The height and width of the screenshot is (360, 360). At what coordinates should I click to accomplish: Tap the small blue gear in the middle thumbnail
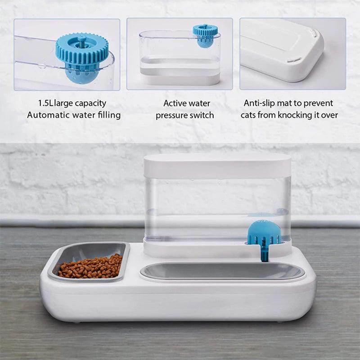coord(205,31)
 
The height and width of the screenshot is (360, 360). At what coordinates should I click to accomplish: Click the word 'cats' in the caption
coord(249,115)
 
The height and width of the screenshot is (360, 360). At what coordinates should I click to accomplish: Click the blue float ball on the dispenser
coord(264,232)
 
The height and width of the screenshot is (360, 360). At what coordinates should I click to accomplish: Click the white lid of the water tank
coord(217,165)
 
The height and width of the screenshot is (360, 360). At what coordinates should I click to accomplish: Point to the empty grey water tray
coord(222,271)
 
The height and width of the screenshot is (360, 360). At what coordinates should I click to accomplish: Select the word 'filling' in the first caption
coord(108,115)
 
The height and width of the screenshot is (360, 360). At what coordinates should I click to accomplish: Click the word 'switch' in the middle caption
coord(202,115)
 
